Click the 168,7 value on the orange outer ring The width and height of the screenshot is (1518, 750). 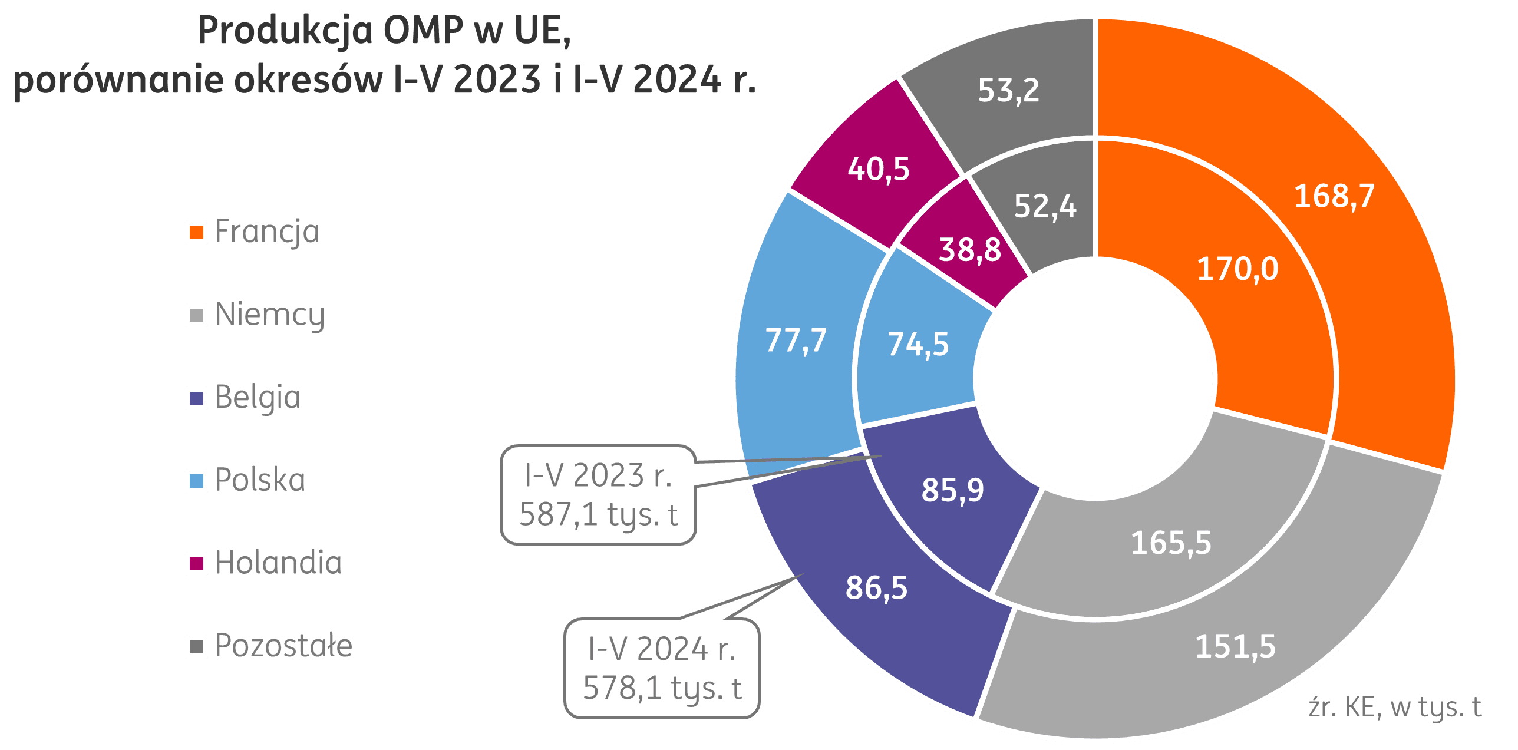coord(1334,196)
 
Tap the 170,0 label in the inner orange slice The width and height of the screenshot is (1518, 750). coord(1237,269)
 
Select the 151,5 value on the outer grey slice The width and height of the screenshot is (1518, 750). coord(1235,646)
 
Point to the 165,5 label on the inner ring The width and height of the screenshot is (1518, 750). coord(1171,542)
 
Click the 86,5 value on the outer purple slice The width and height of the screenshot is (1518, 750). coord(876,587)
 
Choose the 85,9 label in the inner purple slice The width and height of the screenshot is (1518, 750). coord(952,490)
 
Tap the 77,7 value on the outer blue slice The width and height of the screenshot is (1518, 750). coord(796,341)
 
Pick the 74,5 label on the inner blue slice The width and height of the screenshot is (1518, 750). coord(918,344)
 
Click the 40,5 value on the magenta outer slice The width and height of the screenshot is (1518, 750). coord(879,168)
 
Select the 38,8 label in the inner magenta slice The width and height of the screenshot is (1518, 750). coord(969,249)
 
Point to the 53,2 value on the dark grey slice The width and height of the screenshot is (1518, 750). coord(1008,90)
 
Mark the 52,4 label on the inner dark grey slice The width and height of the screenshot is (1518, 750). coord(1045,206)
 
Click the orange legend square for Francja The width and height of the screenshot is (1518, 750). coord(196,232)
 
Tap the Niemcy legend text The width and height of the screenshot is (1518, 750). coord(269,315)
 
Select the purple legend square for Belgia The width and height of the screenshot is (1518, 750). coord(196,398)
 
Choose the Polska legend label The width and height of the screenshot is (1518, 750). coord(260,480)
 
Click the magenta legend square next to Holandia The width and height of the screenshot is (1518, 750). coord(196,564)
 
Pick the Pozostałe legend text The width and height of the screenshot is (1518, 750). coord(283,646)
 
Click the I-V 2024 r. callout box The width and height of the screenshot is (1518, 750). coord(662,668)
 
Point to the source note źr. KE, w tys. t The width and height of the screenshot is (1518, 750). coord(1394,707)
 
